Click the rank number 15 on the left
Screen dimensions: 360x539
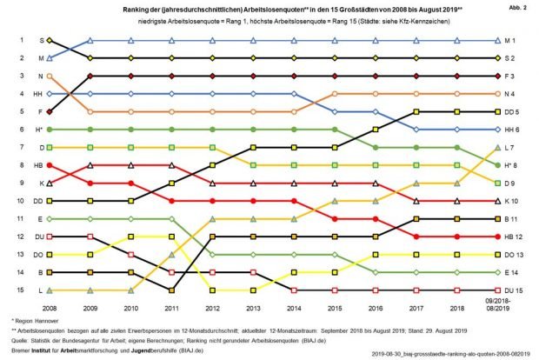pyautogui.click(x=20, y=290)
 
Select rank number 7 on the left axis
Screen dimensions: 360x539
pyautogui.click(x=20, y=147)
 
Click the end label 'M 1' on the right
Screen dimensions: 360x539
pyautogui.click(x=513, y=40)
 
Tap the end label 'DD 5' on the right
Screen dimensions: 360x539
pyautogui.click(x=513, y=111)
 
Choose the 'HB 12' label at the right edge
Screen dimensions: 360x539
pyautogui.click(x=513, y=237)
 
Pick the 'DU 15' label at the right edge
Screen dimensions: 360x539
pyautogui.click(x=513, y=290)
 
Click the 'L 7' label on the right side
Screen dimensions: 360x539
pyautogui.click(x=513, y=147)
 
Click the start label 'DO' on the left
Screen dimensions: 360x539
pyautogui.click(x=40, y=254)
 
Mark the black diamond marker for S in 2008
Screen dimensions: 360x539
pyautogui.click(x=50, y=40)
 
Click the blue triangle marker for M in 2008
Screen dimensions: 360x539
pyautogui.click(x=50, y=58)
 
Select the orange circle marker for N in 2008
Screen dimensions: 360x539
pyautogui.click(x=50, y=77)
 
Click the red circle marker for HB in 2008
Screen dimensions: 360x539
pyautogui.click(x=50, y=165)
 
